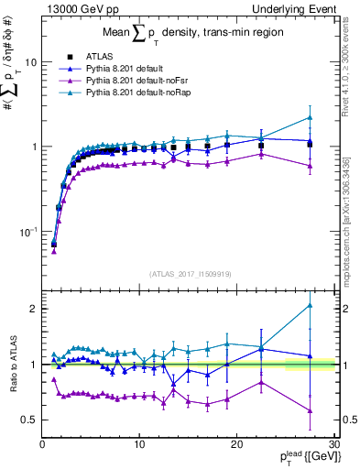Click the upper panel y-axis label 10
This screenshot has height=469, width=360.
(29, 62)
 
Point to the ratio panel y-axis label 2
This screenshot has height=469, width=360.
(33, 309)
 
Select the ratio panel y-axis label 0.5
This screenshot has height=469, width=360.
(27, 420)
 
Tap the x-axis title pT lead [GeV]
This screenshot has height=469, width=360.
(306, 457)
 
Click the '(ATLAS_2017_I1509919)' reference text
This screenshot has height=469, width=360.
(190, 272)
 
